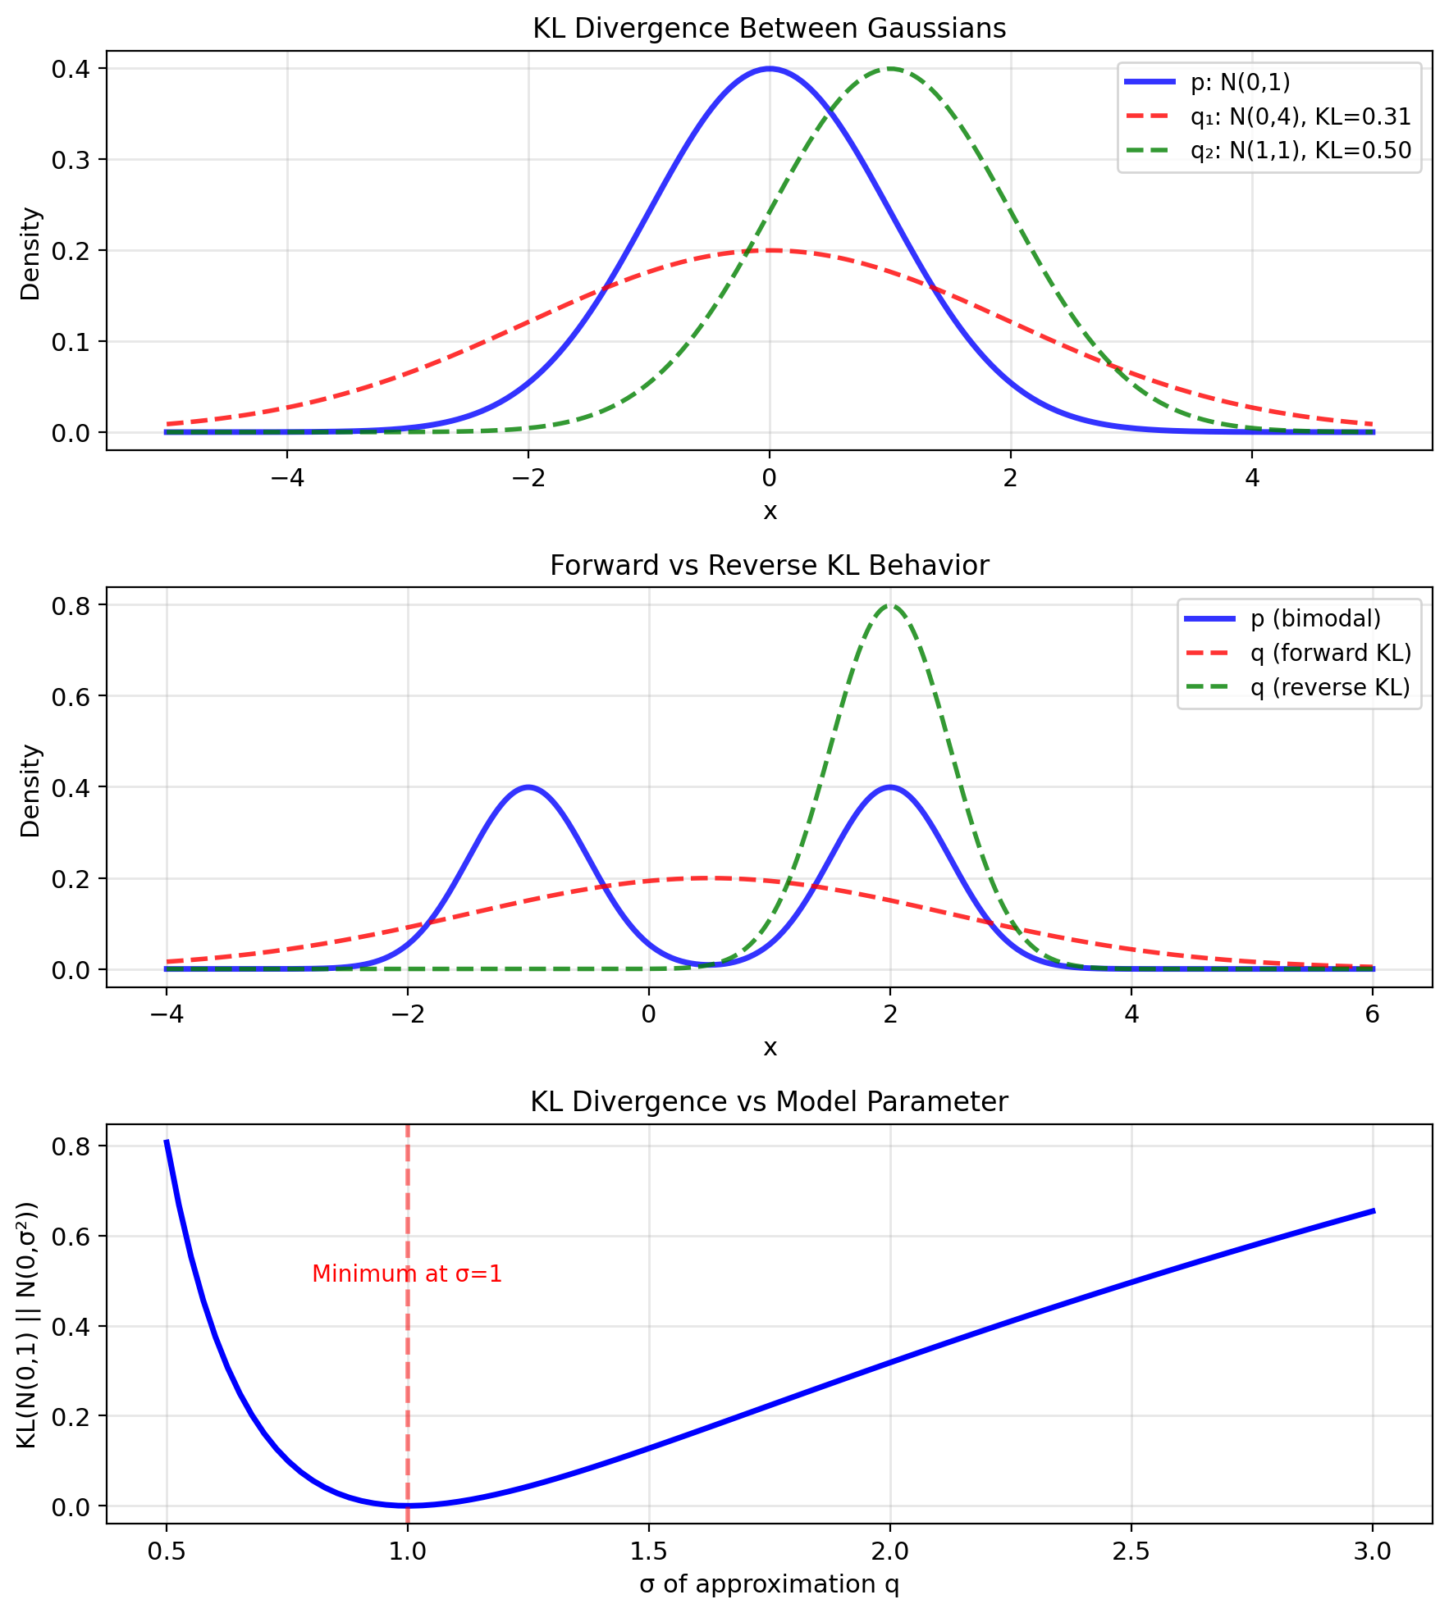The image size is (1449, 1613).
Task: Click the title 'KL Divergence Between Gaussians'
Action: [769, 29]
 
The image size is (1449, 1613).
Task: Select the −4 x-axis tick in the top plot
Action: [286, 478]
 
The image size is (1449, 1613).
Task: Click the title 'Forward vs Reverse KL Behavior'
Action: [769, 566]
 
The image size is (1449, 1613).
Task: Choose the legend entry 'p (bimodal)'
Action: [1315, 618]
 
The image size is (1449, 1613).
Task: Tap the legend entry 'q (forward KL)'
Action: [1330, 653]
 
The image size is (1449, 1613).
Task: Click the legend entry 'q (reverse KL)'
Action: [1329, 687]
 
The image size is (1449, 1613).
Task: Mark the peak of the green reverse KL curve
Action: [890, 605]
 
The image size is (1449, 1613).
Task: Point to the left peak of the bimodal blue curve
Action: [528, 787]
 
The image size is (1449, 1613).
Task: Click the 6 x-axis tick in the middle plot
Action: [1373, 1014]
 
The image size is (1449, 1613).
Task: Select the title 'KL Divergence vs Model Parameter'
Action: [769, 1102]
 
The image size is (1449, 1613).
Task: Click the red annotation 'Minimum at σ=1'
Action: [407, 1274]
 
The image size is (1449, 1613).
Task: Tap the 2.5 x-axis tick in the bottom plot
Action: [1131, 1551]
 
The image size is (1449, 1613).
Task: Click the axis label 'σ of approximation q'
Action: [769, 1584]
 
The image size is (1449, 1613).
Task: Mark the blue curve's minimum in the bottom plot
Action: [408, 1506]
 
